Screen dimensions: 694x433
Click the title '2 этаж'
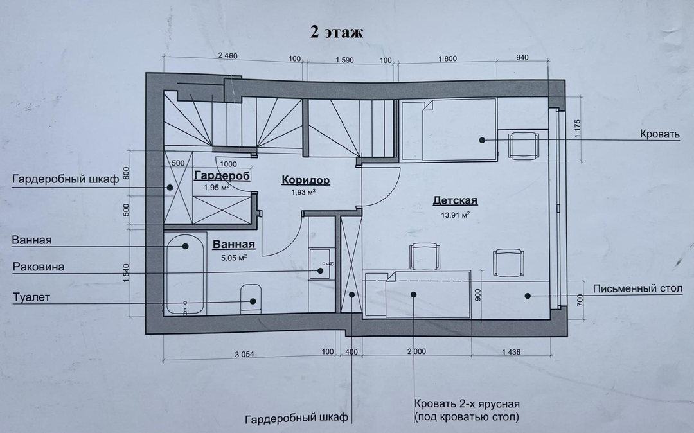[336, 32]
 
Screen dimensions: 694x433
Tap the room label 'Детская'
[455, 200]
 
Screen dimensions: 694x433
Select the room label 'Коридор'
[305, 180]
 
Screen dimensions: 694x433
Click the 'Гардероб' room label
[222, 175]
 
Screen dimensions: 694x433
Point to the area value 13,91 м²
[455, 215]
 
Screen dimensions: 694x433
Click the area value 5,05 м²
[234, 257]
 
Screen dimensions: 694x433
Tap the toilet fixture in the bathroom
[251, 299]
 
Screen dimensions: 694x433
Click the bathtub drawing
[185, 274]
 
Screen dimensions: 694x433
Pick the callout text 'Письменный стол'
[638, 289]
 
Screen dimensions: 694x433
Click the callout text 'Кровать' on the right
[659, 134]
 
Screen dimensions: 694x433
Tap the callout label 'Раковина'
[39, 267]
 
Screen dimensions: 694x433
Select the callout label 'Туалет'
[31, 297]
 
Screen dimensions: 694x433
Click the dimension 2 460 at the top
[227, 56]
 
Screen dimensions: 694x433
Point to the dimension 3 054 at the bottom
[244, 354]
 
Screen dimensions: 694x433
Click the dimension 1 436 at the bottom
[512, 352]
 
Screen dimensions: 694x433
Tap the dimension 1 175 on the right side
[577, 128]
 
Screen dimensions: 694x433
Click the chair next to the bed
[524, 145]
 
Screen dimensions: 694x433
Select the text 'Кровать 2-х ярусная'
[467, 404]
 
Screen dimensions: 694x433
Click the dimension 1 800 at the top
[447, 58]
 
